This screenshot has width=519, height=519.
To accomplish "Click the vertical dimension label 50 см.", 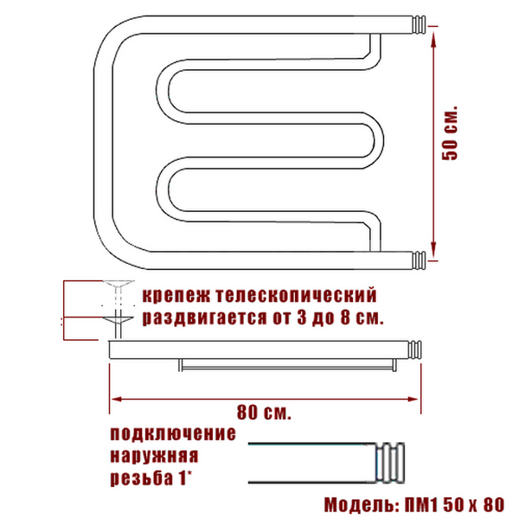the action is click(450, 133).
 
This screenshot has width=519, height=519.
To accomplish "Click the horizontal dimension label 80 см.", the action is click(264, 413).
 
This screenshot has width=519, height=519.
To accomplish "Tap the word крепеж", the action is click(176, 295).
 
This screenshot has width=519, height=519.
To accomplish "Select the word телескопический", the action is click(297, 295).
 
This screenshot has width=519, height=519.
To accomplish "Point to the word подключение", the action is click(173, 434).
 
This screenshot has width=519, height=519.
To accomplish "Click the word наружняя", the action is click(154, 456).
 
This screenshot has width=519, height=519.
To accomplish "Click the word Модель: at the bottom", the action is click(362, 505).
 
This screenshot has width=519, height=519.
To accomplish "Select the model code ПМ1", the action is click(421, 505).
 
